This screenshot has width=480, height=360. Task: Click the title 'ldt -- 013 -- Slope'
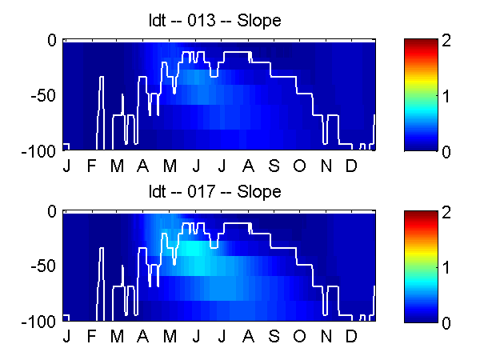pyautogui.click(x=214, y=21)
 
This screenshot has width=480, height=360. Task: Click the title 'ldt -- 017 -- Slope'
pyautogui.click(x=214, y=192)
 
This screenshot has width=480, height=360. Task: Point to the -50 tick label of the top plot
pyautogui.click(x=43, y=95)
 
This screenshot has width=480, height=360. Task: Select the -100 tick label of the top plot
pyautogui.click(x=38, y=151)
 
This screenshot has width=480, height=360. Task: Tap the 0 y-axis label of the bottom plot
pyautogui.click(x=52, y=211)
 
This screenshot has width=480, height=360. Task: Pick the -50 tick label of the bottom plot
pyautogui.click(x=43, y=266)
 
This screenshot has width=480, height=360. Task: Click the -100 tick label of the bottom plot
pyautogui.click(x=38, y=322)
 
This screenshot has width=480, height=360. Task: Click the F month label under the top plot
pyautogui.click(x=91, y=166)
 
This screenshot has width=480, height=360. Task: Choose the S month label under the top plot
pyautogui.click(x=274, y=166)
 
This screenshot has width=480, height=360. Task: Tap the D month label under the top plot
pyautogui.click(x=351, y=166)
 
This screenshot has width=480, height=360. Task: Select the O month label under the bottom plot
pyautogui.click(x=299, y=336)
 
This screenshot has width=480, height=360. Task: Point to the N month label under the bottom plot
pyautogui.click(x=326, y=336)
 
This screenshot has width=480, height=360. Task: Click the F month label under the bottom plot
pyautogui.click(x=91, y=336)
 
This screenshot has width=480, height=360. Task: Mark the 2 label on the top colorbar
pyautogui.click(x=446, y=41)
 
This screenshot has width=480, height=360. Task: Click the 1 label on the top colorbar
pyautogui.click(x=446, y=96)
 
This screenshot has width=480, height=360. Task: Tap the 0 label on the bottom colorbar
pyautogui.click(x=446, y=322)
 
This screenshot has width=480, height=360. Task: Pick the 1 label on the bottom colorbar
pyautogui.click(x=446, y=267)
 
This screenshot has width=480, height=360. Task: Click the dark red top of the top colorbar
pyautogui.click(x=421, y=42)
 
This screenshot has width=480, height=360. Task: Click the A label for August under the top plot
pyautogui.click(x=248, y=166)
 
